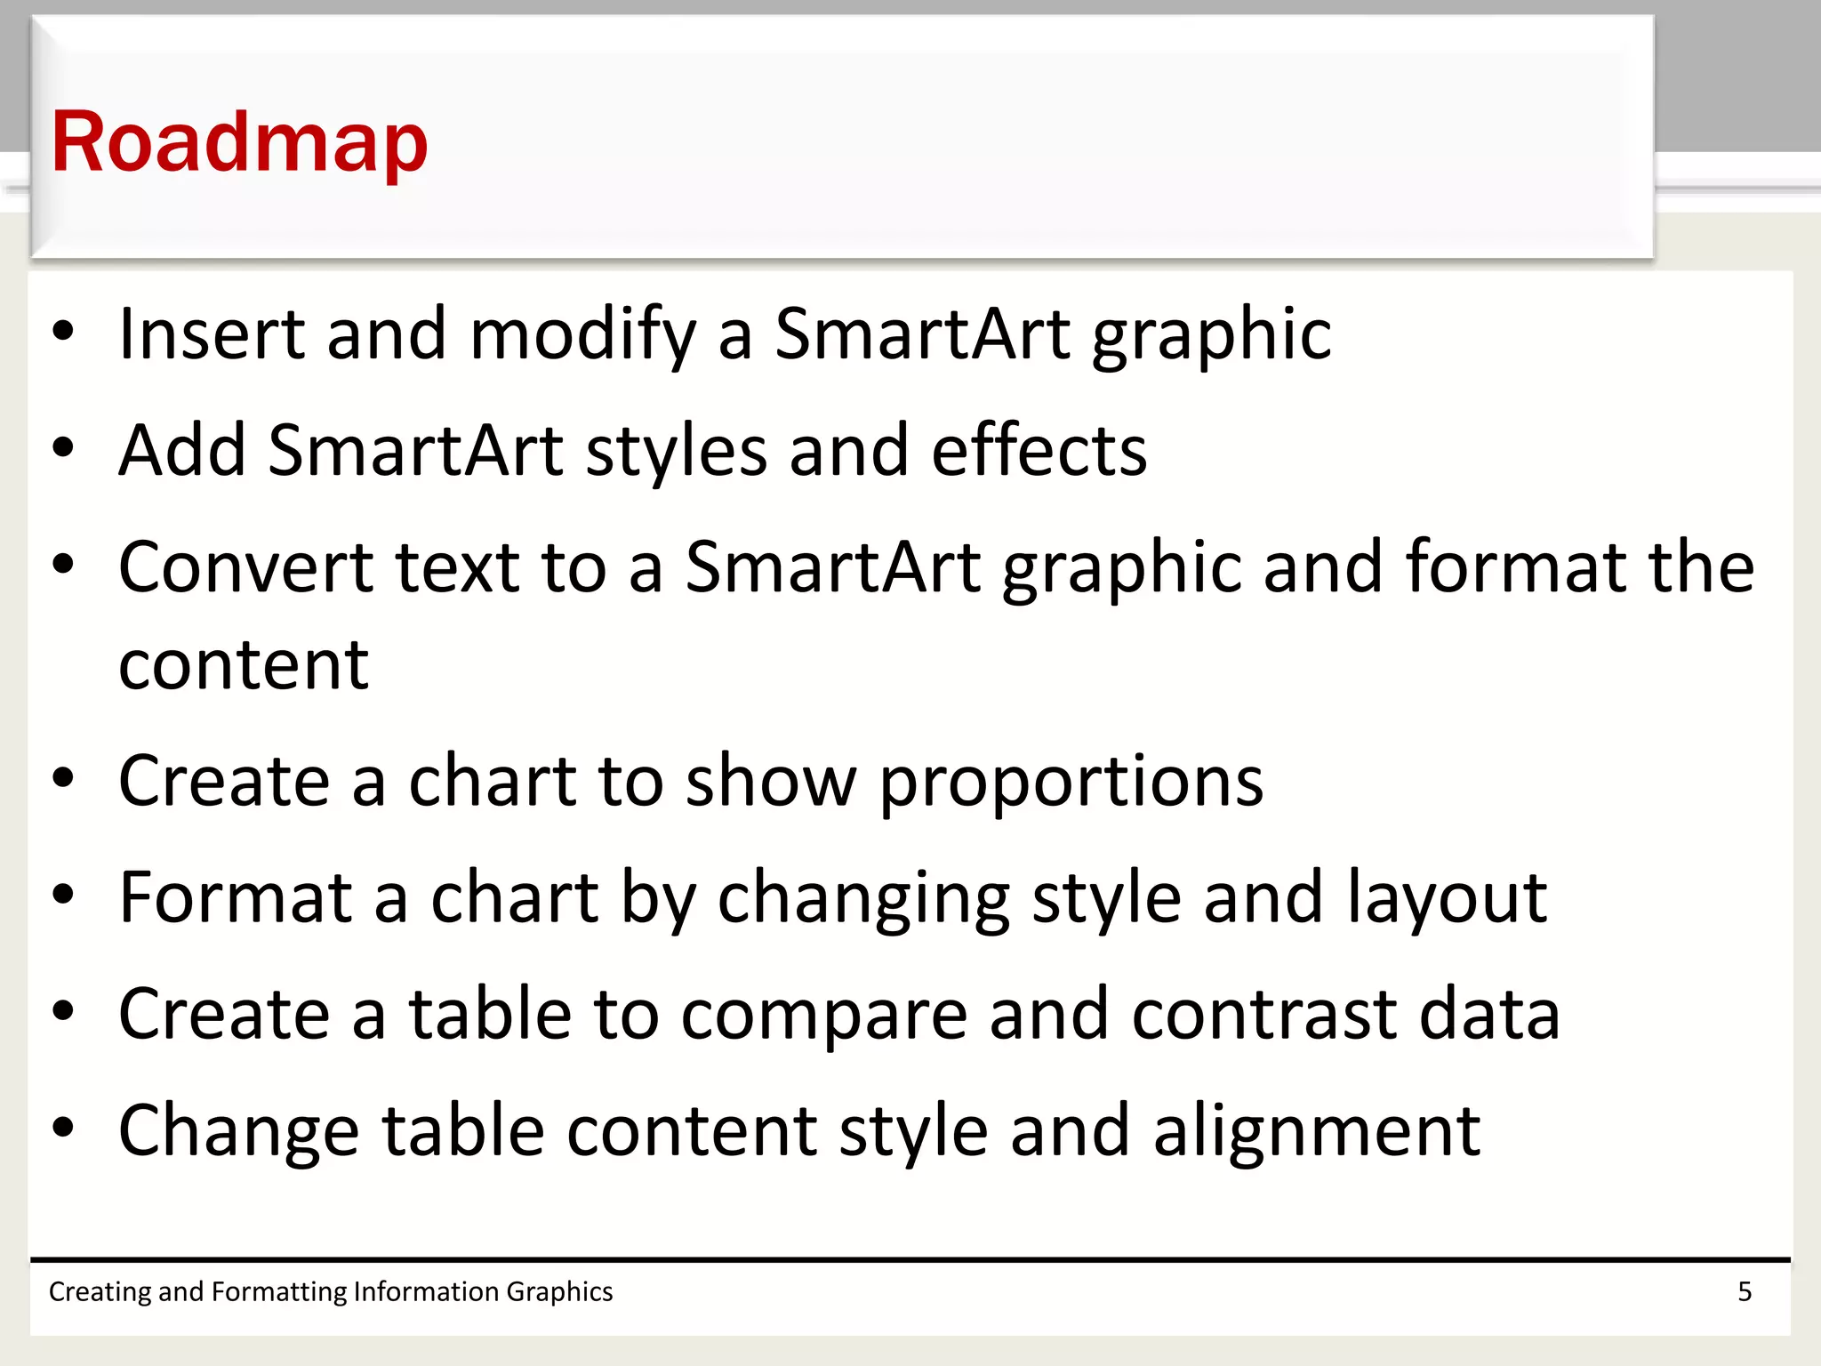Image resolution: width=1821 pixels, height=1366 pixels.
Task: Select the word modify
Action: tap(582, 335)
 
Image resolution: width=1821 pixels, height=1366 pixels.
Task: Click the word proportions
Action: tap(1071, 782)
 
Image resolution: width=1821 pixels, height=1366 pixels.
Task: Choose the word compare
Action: tap(823, 1016)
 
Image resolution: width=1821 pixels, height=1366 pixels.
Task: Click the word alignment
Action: tap(1316, 1131)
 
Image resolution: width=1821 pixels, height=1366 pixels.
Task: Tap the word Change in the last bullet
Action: tap(238, 1131)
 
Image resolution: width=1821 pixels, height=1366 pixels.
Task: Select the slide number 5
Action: tap(1745, 1291)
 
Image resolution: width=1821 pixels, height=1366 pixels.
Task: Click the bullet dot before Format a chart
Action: tap(63, 895)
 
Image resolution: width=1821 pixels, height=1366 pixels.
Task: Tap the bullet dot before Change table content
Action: tap(63, 1128)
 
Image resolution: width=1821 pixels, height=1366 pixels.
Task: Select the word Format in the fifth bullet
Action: tap(235, 897)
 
